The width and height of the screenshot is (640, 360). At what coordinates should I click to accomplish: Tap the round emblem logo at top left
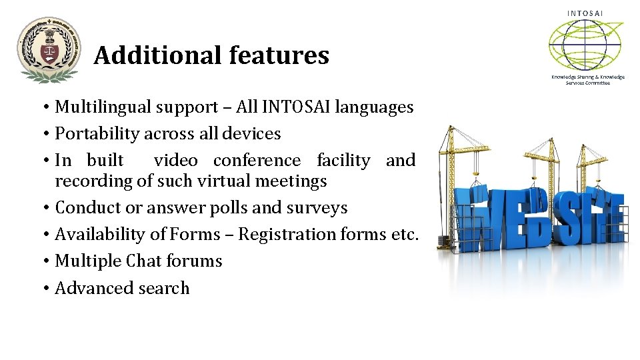pos(48,50)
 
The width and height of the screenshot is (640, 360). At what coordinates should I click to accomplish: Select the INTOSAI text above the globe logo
pos(585,13)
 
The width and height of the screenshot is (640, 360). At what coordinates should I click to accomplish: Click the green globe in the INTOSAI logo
pos(585,45)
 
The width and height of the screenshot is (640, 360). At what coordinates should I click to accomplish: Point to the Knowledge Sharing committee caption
pos(587,79)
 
